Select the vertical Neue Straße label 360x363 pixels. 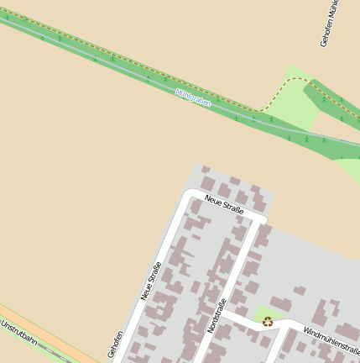point(151,282)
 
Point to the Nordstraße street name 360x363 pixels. point(217,317)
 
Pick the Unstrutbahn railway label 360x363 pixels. point(18,333)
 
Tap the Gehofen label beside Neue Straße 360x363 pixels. point(116,345)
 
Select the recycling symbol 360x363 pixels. point(268,321)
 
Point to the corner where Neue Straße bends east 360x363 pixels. point(189,197)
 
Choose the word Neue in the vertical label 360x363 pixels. point(146,292)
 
